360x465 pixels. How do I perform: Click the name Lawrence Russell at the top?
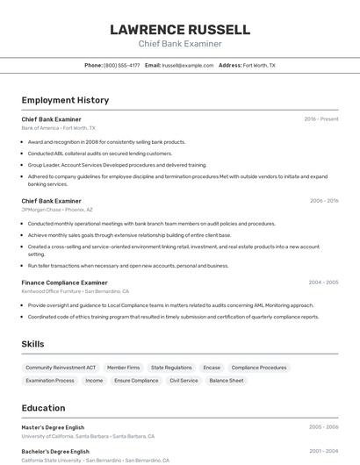[179, 30]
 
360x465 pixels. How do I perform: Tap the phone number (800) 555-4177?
[121, 65]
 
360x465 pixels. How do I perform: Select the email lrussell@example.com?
[188, 65]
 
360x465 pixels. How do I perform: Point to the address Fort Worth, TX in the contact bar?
[259, 65]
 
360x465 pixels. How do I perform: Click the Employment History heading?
[65, 100]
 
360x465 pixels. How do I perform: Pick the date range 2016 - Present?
[320, 118]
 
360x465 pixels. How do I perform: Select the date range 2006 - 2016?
[323, 201]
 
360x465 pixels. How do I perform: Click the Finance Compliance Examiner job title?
[64, 283]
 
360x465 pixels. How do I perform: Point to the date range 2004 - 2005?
[323, 283]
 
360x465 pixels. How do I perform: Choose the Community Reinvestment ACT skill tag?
[61, 368]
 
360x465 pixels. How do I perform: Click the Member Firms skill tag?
[123, 368]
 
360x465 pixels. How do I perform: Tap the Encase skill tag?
[212, 368]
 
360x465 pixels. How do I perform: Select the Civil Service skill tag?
[184, 381]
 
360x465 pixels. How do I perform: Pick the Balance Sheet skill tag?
[227, 381]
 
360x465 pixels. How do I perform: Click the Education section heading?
[43, 408]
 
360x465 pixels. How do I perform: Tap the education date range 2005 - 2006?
[323, 427]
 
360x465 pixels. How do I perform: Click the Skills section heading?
[32, 344]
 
